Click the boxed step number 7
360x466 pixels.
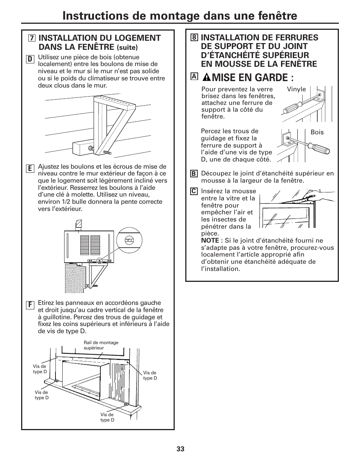point(31,38)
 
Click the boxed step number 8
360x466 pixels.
point(194,37)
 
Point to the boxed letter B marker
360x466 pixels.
point(194,174)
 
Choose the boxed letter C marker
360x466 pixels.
point(194,191)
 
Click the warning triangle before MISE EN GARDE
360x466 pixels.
point(207,77)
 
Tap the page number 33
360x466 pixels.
point(180,449)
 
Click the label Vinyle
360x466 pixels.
point(296,89)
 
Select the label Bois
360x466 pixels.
point(317,132)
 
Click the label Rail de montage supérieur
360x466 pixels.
point(101,345)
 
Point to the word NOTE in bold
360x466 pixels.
point(210,240)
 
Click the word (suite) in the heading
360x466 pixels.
point(127,48)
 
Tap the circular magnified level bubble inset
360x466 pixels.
point(129,239)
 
